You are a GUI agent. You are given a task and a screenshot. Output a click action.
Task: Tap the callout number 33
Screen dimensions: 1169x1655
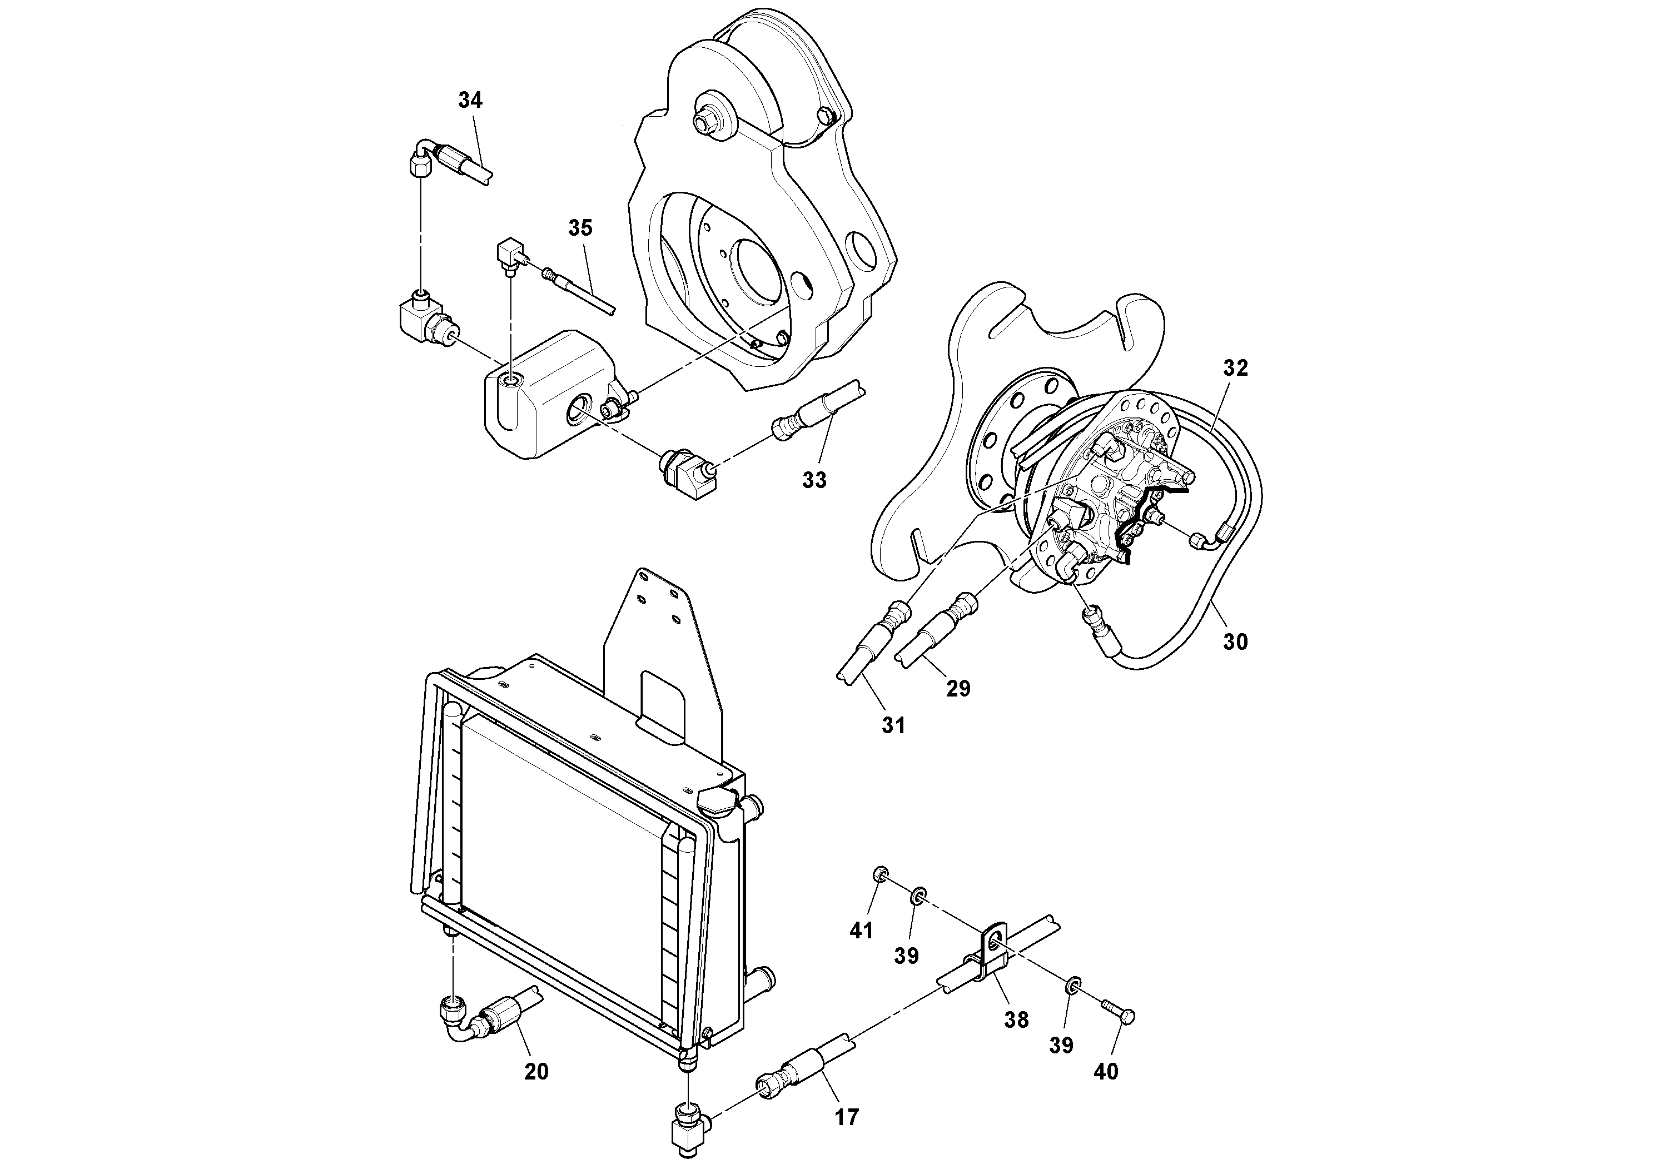[814, 480]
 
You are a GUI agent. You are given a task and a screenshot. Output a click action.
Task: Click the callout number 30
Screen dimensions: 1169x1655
[1235, 641]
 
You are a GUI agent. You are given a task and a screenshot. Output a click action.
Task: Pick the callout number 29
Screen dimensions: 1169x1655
[958, 688]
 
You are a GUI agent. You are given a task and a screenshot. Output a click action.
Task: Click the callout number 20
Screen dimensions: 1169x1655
[536, 1072]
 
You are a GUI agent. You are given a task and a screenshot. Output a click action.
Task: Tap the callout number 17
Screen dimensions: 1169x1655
[847, 1117]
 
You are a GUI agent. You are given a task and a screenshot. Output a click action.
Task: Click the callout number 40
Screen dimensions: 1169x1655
[1106, 1072]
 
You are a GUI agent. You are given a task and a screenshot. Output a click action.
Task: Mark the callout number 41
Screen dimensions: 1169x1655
[861, 931]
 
